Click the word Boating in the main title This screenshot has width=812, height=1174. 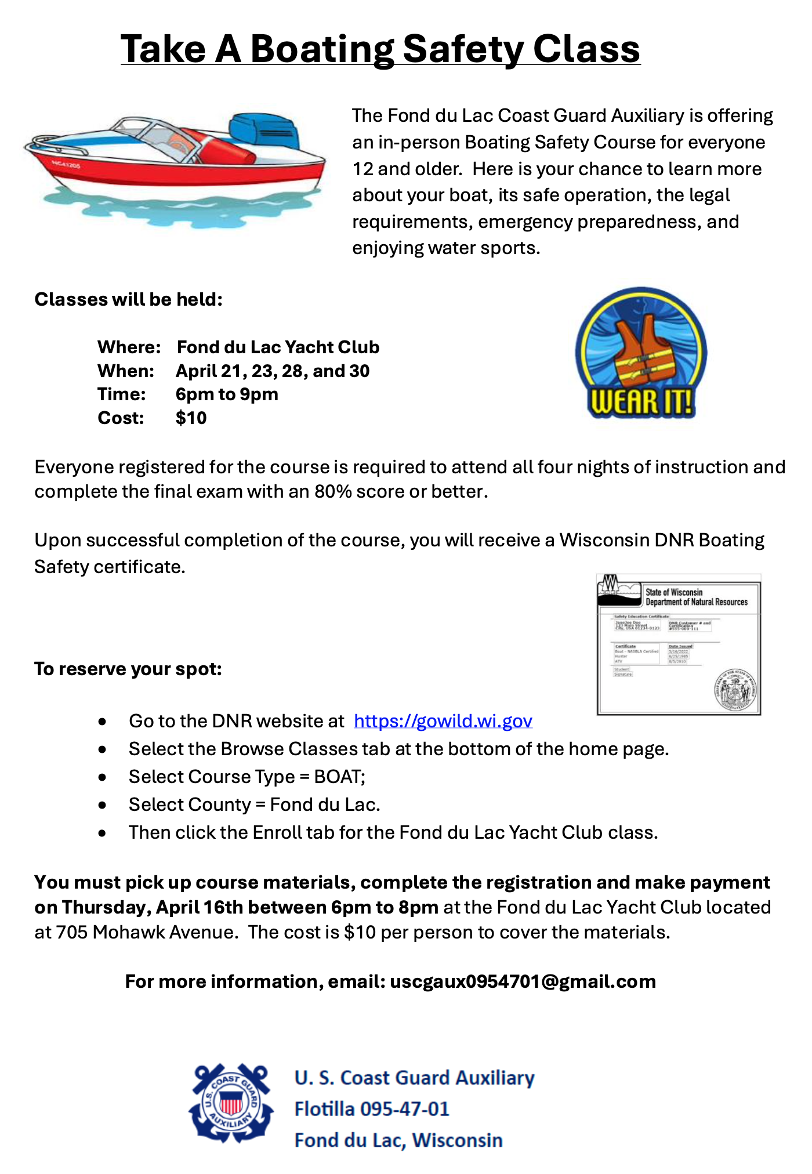click(322, 49)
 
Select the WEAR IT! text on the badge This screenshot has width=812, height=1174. click(641, 401)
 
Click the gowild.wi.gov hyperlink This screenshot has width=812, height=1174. click(443, 721)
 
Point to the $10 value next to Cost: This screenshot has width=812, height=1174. click(191, 418)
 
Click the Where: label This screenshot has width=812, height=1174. click(129, 347)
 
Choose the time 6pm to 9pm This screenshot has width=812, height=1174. click(227, 394)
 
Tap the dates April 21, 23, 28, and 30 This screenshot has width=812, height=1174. click(273, 371)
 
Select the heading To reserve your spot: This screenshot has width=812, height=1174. click(128, 669)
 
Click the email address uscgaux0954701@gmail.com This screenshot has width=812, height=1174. click(523, 981)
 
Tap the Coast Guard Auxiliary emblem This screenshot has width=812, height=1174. click(231, 1103)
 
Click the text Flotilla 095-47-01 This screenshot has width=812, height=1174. click(372, 1109)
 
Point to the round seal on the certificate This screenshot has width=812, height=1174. click(735, 690)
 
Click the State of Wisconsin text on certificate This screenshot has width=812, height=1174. click(674, 592)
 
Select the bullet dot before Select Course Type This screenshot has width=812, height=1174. click(103, 777)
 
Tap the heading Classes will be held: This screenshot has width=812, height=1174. click(128, 299)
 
